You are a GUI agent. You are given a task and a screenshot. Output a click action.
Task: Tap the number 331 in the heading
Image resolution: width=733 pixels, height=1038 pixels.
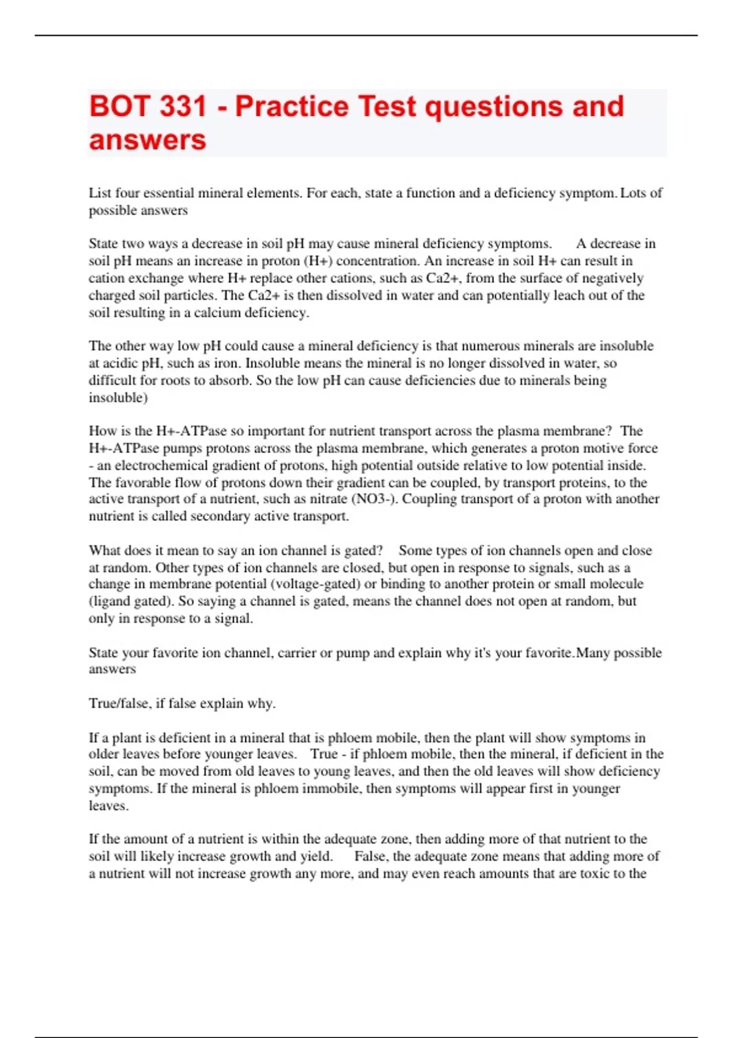point(183,107)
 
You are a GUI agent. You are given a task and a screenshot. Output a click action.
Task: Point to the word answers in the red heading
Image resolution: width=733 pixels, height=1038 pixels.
point(147,140)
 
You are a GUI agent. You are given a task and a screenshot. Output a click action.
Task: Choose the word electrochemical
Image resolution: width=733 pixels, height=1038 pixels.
point(161,466)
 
